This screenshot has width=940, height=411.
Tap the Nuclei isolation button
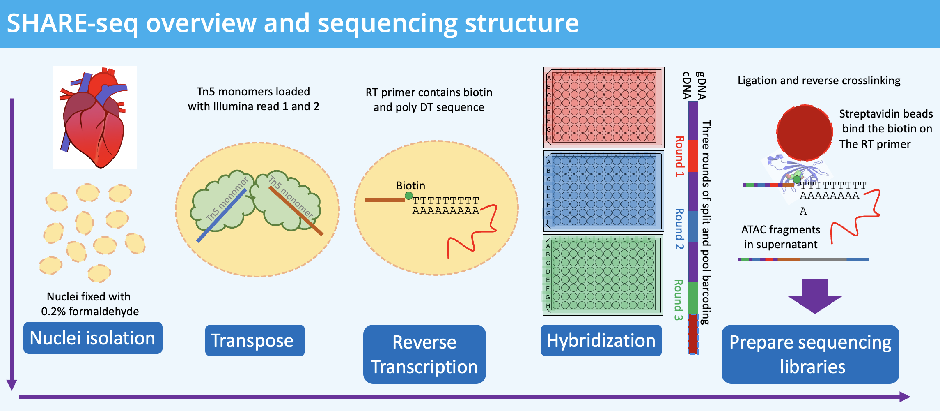click(93, 338)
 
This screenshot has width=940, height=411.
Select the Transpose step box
click(255, 341)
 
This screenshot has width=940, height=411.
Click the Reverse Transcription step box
click(424, 354)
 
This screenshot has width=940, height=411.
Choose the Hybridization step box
click(601, 341)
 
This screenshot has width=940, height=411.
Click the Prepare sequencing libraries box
click(810, 354)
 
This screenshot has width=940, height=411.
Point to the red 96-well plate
click(603, 107)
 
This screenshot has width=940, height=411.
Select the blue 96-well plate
click(603, 191)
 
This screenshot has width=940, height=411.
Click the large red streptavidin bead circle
click(805, 132)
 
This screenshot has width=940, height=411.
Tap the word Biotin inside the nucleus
click(410, 186)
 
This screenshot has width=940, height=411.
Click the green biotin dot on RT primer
click(408, 196)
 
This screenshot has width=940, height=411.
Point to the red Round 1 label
click(680, 157)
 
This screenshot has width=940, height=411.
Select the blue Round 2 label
click(680, 229)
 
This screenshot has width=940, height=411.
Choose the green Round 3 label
click(679, 300)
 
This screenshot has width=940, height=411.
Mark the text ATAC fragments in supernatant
click(781, 237)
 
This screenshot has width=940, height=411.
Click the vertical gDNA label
click(701, 85)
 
